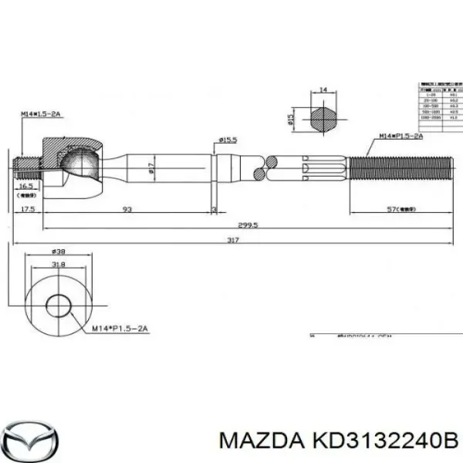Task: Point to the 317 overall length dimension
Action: coord(234,240)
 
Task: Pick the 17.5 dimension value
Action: coord(29,210)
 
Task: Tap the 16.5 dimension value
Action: coord(25,187)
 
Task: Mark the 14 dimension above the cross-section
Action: coord(324,90)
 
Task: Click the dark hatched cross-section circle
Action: coord(324,119)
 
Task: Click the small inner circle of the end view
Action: coord(58,305)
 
